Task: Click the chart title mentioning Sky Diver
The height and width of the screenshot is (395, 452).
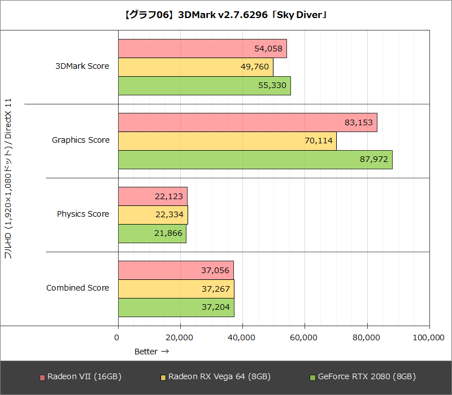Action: pyautogui.click(x=225, y=15)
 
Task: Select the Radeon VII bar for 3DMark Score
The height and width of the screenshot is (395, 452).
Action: pyautogui.click(x=202, y=49)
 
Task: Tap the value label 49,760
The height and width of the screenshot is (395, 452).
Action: pyautogui.click(x=254, y=67)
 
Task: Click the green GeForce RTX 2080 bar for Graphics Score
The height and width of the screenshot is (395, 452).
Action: pyautogui.click(x=255, y=160)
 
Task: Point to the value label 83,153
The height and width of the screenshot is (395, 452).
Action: pyautogui.click(x=358, y=122)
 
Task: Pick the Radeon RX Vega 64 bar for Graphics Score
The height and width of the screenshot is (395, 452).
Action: pyautogui.click(x=227, y=141)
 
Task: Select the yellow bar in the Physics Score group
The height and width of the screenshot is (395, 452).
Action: pyautogui.click(x=153, y=215)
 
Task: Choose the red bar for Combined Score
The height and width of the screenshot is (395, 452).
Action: pyautogui.click(x=176, y=270)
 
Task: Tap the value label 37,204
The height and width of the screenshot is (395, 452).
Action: pyautogui.click(x=215, y=308)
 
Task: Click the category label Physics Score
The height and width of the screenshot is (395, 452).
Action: pyautogui.click(x=83, y=214)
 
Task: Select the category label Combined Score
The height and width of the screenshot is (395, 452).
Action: pyautogui.click(x=77, y=288)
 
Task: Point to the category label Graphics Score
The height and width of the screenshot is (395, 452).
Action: pyautogui.click(x=81, y=140)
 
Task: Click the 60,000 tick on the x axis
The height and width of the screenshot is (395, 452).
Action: pyautogui.click(x=305, y=337)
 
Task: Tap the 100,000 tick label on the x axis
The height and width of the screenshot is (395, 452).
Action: pyautogui.click(x=428, y=337)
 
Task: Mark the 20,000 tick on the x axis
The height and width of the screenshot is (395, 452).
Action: pyautogui.click(x=180, y=337)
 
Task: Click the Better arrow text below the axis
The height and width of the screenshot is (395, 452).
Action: pyautogui.click(x=151, y=352)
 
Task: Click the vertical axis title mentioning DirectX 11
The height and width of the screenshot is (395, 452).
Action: pyautogui.click(x=8, y=179)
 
